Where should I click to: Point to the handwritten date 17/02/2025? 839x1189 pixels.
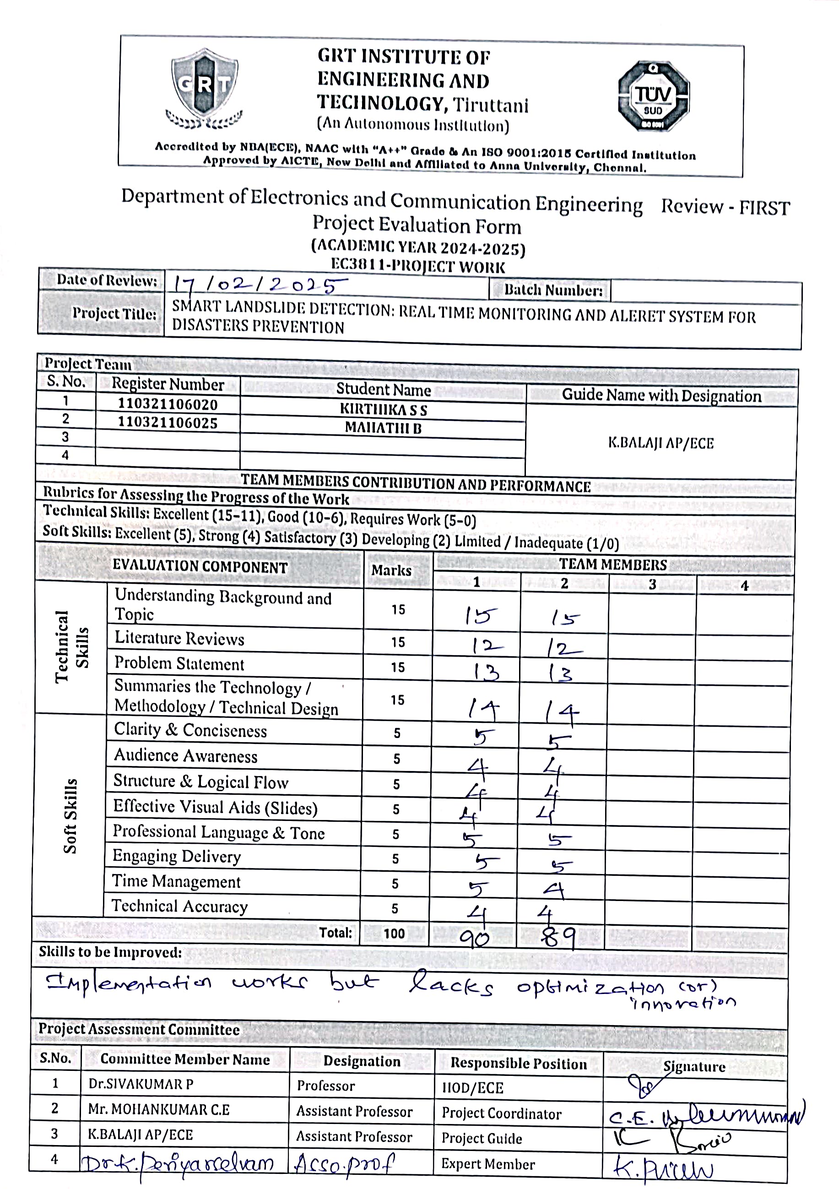(x=260, y=284)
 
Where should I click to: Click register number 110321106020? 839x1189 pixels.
(x=168, y=404)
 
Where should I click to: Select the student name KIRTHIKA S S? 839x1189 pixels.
(x=384, y=410)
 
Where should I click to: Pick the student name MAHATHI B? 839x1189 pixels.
(x=384, y=428)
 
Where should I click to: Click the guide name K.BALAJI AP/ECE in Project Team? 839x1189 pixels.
(x=661, y=443)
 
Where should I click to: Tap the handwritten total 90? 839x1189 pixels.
(x=475, y=936)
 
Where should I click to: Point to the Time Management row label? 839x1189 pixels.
(x=177, y=881)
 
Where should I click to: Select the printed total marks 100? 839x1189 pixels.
(x=395, y=934)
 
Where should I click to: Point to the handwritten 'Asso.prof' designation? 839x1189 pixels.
(x=344, y=1164)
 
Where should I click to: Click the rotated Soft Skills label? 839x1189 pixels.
(x=70, y=815)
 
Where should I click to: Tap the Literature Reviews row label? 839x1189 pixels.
(x=179, y=639)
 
